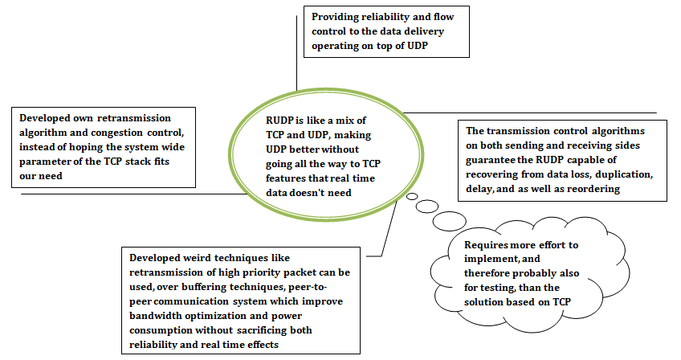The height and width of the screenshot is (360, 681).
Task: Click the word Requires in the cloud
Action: pos(488,243)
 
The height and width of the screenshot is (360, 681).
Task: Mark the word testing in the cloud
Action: pos(500,287)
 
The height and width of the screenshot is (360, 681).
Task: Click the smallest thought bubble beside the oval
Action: pos(411,196)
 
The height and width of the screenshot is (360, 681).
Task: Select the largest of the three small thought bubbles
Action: pos(450,220)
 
